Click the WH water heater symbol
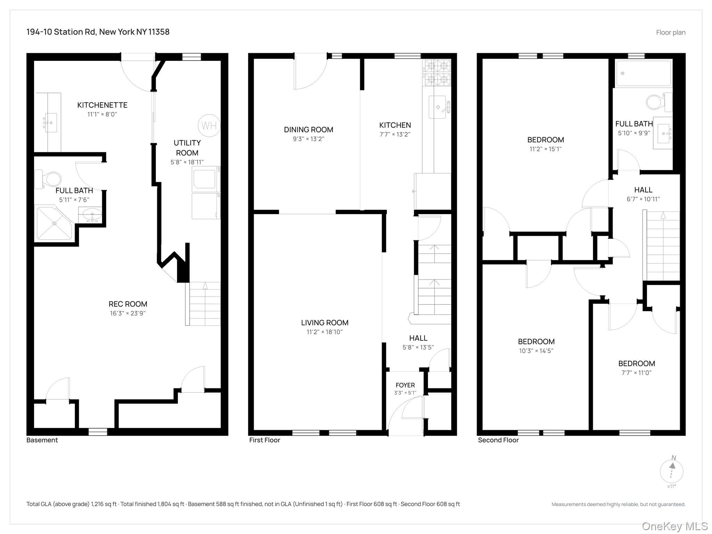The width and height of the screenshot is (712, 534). pos(209,126)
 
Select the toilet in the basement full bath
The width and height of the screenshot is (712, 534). pos(48,179)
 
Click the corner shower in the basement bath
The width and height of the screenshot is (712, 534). pos(54,223)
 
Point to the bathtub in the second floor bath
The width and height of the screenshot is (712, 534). pos(644,73)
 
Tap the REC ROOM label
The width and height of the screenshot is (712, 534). pos(128,304)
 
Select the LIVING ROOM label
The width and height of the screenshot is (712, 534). pos(325,323)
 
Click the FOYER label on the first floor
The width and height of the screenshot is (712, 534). pos(405,385)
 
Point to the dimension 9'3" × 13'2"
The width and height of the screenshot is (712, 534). pos(308,139)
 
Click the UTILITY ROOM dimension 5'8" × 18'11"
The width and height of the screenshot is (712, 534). pos(187,162)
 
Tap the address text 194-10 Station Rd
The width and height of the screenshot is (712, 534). pos(61,32)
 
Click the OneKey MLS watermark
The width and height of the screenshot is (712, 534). pos(675,526)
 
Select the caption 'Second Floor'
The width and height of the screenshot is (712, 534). pos(498,440)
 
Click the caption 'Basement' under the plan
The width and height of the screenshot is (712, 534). pos(42,440)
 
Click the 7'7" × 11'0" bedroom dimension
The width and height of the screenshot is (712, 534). pos(637,373)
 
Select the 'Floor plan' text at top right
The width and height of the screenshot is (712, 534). pos(671,32)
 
